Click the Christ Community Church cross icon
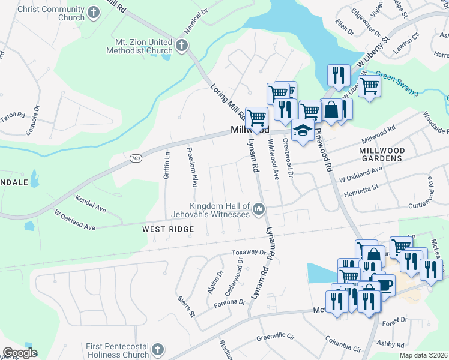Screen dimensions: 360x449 94,12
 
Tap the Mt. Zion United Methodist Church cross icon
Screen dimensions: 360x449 182,44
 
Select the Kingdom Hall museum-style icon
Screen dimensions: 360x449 259,209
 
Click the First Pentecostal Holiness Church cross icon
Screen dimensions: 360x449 157,349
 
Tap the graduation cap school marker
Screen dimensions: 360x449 303,130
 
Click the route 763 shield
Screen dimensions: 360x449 136,158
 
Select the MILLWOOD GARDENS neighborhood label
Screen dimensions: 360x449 382,154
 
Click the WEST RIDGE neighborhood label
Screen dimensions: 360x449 168,229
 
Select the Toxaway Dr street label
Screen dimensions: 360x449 249,253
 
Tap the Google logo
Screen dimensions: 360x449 20,353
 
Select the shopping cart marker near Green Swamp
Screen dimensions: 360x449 370,86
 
